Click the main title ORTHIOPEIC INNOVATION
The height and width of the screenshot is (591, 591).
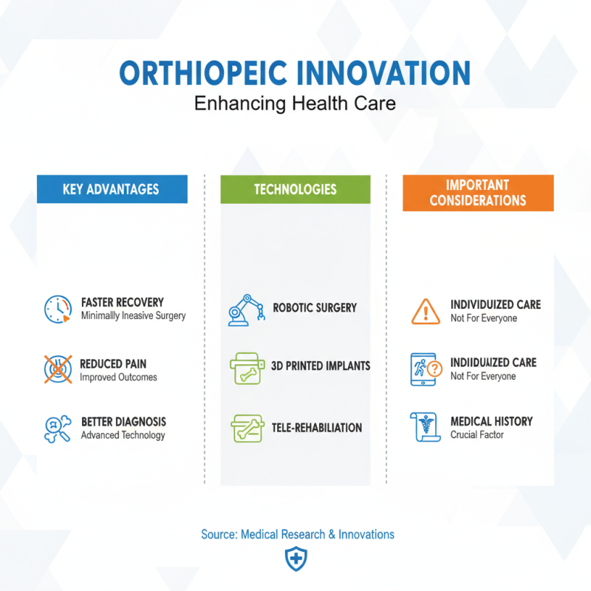pyautogui.click(x=295, y=74)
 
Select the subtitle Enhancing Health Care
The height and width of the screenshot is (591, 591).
pyautogui.click(x=295, y=103)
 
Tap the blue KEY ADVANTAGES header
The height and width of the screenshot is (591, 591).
pyautogui.click(x=112, y=189)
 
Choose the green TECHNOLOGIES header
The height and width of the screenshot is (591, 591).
pyautogui.click(x=295, y=189)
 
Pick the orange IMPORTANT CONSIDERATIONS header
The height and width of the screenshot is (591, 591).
pyautogui.click(x=478, y=193)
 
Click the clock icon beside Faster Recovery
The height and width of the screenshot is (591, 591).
pyautogui.click(x=57, y=309)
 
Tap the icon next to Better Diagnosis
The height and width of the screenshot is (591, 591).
pyautogui.click(x=58, y=428)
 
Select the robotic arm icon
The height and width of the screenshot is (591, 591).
pyautogui.click(x=246, y=310)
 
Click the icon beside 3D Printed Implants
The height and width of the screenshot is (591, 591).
pyautogui.click(x=247, y=367)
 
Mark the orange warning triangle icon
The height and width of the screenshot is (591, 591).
pyautogui.click(x=426, y=311)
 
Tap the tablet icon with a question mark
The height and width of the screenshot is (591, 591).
pyautogui.click(x=426, y=369)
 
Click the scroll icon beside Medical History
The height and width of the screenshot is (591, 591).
pyautogui.click(x=425, y=428)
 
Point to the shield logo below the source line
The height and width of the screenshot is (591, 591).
pyautogui.click(x=295, y=559)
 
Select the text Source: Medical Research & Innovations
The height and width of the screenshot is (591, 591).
pyautogui.click(x=297, y=534)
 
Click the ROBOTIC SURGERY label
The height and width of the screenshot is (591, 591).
pyautogui.click(x=315, y=307)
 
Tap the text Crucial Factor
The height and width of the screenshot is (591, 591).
pyautogui.click(x=477, y=435)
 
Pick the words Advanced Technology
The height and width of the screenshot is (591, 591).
pyautogui.click(x=123, y=435)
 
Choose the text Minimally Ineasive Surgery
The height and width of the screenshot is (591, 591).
pyautogui.click(x=133, y=315)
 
